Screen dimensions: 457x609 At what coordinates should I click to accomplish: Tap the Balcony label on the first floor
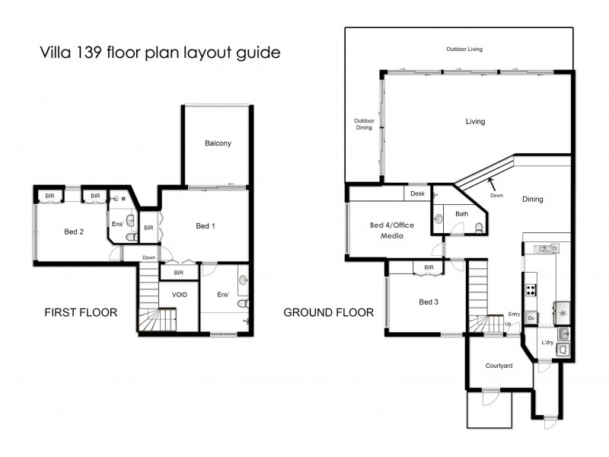(218, 143)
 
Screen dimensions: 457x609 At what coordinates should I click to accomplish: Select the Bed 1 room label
(206, 225)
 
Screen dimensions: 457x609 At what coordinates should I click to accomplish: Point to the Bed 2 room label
(73, 232)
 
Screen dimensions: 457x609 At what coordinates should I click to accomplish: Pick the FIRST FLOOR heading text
(80, 312)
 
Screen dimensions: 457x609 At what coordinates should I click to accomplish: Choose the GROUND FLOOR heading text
(328, 312)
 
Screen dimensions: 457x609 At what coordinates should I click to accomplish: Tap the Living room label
(475, 121)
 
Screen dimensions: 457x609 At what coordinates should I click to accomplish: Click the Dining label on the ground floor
(532, 200)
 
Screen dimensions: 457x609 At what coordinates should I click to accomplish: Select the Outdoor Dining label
(363, 124)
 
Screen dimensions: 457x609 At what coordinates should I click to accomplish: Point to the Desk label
(416, 193)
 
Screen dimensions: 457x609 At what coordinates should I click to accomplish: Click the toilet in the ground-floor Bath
(477, 227)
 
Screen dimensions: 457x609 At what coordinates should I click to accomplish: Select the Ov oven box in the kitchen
(531, 317)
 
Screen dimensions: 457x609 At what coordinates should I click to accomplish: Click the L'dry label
(547, 342)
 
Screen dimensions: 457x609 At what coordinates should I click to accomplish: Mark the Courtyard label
(499, 366)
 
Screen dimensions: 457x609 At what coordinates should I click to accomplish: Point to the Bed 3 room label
(429, 302)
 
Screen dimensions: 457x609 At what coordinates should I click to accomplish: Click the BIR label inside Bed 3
(429, 267)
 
